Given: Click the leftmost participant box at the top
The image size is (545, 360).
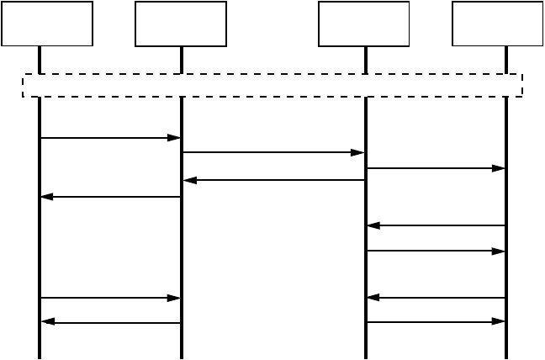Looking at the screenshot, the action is click(x=47, y=24).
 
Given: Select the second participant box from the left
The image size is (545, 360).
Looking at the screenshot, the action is click(x=181, y=24).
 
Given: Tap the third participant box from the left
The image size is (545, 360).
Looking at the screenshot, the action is click(x=364, y=24).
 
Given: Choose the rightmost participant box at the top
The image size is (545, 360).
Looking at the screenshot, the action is click(x=498, y=24).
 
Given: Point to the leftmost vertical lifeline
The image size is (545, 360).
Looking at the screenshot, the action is click(x=40, y=252).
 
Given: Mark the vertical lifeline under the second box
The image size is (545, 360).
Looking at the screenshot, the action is click(x=182, y=252).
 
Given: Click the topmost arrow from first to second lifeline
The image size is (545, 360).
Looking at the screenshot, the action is click(x=110, y=138).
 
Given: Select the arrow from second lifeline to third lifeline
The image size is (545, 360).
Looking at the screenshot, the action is click(x=273, y=152).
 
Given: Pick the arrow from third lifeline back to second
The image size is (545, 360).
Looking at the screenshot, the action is click(x=273, y=180).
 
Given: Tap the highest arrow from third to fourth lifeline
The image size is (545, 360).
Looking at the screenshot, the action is click(x=436, y=168).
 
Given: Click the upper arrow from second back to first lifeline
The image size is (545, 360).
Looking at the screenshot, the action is click(x=110, y=197).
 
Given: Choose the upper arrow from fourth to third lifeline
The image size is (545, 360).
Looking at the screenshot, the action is click(x=436, y=225).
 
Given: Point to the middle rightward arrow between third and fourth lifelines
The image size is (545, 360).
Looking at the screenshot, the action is click(x=436, y=251).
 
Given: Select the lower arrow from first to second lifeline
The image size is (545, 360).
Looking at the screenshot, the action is click(x=110, y=298).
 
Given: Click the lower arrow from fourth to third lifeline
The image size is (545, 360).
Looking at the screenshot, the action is click(x=436, y=297).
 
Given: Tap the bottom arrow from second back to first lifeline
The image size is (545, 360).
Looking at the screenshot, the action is click(x=110, y=322).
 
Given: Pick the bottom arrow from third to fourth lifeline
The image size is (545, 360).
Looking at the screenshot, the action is click(x=436, y=321).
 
